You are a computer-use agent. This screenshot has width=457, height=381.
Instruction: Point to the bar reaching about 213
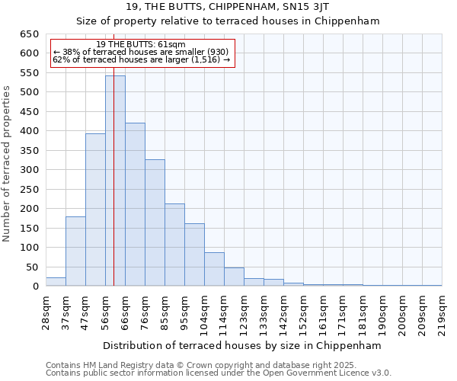click(174, 245)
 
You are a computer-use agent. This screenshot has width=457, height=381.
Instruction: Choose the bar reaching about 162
click(194, 255)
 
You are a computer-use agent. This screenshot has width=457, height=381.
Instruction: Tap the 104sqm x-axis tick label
click(203, 311)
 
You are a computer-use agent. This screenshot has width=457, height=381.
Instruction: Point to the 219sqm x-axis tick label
click(441, 311)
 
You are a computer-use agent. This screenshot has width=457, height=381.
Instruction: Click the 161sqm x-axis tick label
click(322, 311)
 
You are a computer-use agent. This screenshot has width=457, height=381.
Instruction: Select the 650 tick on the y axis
click(29, 34)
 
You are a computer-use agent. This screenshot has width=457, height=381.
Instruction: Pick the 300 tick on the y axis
click(29, 170)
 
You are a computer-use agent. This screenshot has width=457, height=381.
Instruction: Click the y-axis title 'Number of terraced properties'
click(8, 163)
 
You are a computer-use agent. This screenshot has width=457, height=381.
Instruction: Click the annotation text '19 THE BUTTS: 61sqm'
click(142, 44)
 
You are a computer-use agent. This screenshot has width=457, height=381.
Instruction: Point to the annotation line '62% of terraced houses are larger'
click(141, 59)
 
